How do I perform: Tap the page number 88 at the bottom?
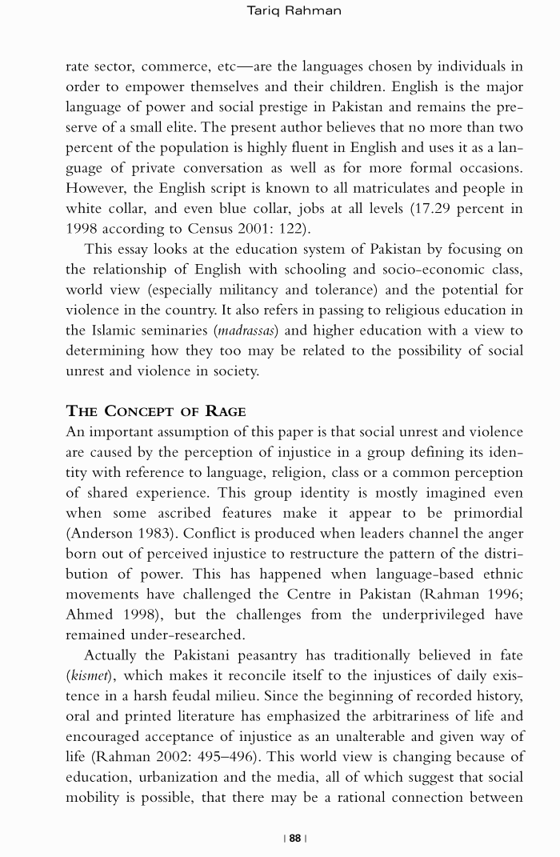pos(295,838)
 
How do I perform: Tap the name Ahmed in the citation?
pos(88,614)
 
